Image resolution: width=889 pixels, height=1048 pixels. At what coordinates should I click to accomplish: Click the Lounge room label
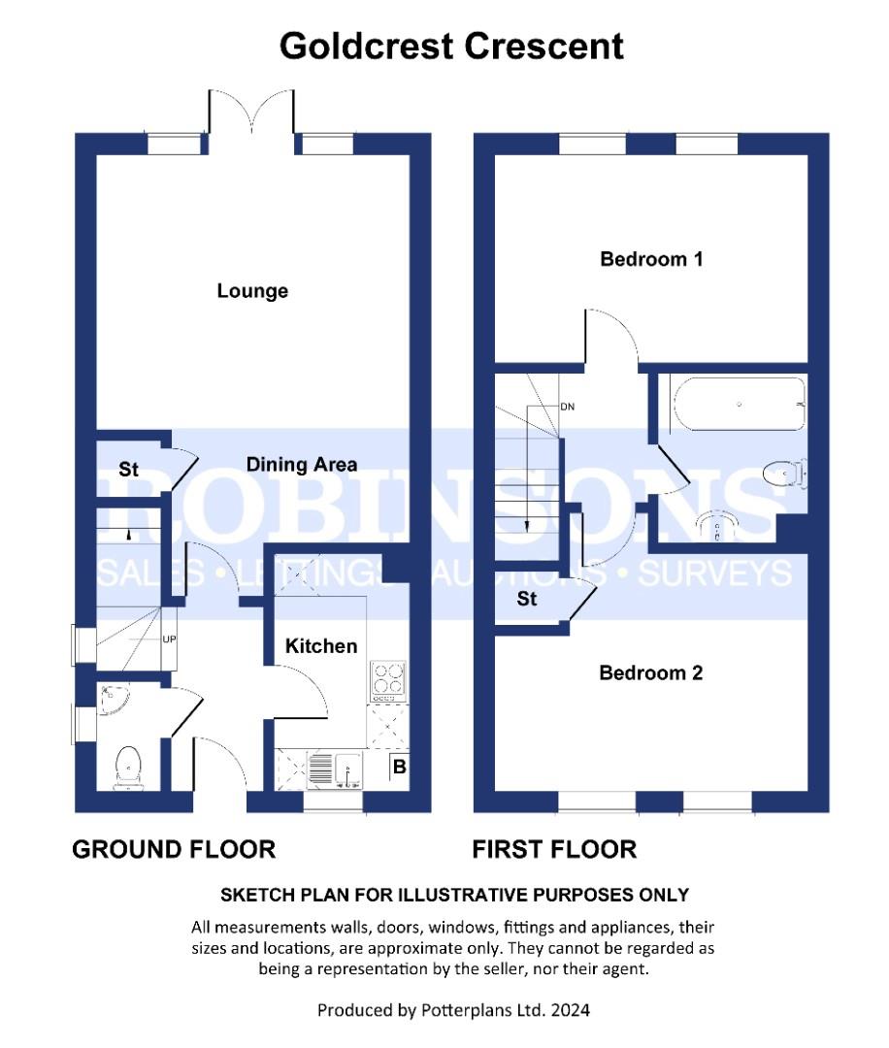click(252, 291)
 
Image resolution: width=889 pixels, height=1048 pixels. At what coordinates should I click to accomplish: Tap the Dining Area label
click(302, 465)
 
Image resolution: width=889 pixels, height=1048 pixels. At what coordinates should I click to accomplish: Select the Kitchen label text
click(321, 645)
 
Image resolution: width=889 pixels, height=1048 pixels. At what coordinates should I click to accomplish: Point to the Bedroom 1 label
click(651, 259)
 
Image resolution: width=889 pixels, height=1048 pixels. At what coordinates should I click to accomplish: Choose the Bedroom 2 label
click(650, 672)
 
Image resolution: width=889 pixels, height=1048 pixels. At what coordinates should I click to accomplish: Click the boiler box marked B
click(400, 767)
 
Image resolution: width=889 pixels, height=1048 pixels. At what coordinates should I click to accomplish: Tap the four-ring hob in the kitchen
click(387, 679)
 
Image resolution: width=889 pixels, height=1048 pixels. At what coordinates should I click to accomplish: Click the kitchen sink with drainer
click(334, 770)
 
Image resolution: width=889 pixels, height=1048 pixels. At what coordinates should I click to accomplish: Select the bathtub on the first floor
click(740, 404)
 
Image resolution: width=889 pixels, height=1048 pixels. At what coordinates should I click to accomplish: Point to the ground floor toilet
click(128, 769)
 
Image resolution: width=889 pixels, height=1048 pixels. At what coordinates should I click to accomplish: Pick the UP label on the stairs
click(169, 639)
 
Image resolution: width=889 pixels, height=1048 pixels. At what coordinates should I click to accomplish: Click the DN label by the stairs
click(567, 407)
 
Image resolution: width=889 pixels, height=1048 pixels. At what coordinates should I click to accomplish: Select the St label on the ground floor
click(128, 470)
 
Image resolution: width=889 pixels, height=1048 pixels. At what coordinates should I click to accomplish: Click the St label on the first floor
click(527, 598)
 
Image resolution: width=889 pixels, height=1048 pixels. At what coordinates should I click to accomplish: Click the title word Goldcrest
click(366, 47)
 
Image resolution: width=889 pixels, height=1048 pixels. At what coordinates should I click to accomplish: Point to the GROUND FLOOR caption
click(174, 849)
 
